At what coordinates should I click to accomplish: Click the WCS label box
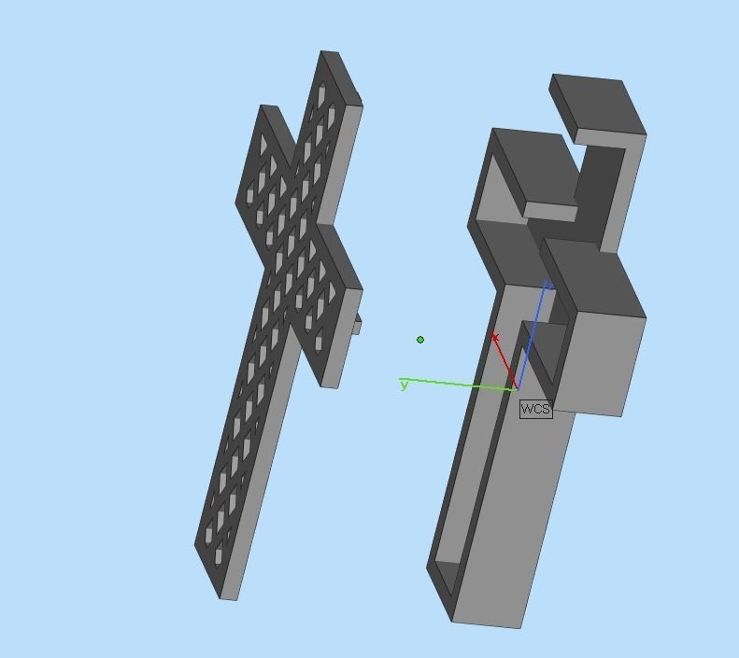click(x=535, y=409)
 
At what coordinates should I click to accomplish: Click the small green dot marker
click(x=420, y=340)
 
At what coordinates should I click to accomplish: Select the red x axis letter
click(x=494, y=337)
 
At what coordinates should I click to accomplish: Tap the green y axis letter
click(x=404, y=385)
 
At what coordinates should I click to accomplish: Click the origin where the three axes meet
click(x=516, y=388)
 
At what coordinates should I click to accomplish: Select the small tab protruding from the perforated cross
click(x=356, y=323)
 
